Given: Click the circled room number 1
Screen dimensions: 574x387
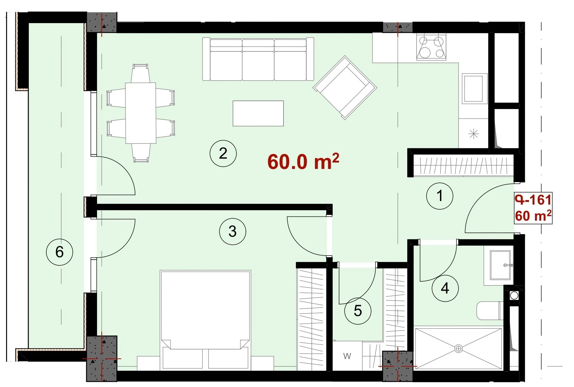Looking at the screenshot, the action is [439, 196].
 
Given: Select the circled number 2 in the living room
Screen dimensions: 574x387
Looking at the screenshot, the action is [223, 154].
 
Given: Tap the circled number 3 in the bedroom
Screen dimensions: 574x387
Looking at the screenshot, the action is [232, 232].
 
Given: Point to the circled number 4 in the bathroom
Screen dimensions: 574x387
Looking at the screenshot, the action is [445, 288].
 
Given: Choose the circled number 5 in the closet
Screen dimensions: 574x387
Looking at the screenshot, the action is [358, 311].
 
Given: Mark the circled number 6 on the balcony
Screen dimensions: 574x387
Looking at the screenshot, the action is [59, 252].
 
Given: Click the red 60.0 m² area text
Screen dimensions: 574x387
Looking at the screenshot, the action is [303, 162].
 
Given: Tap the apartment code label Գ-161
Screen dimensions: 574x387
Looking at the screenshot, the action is [533, 200].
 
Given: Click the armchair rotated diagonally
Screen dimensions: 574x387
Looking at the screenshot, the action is [345, 87].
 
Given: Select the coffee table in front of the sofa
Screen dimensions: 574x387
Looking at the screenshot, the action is [258, 113].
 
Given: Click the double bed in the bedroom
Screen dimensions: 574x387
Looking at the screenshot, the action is [205, 320].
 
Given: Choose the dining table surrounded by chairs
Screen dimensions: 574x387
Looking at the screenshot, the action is [140, 113].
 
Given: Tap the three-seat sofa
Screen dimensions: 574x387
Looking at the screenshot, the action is [258, 59].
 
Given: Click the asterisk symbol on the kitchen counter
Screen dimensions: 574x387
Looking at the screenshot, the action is [474, 134].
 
